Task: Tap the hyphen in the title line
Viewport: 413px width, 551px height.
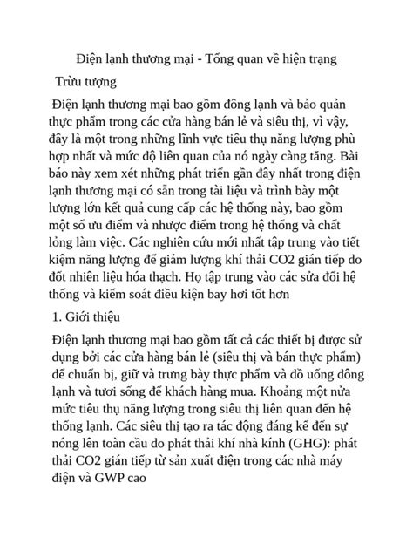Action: coord(200,58)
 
